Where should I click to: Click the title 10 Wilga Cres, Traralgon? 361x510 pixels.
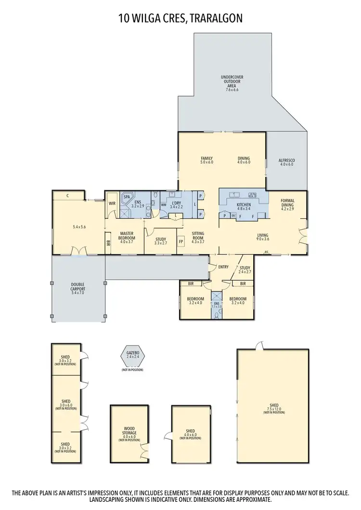tap(180, 19)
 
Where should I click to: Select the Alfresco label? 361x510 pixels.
tap(286, 162)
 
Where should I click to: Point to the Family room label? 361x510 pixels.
tap(207, 161)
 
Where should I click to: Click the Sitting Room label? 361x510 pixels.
tap(198, 236)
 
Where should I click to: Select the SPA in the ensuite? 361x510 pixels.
tap(128, 197)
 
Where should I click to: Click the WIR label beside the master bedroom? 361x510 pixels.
tap(112, 203)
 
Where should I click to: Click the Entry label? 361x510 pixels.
tap(223, 267)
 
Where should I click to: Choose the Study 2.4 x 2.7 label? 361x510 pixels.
tap(245, 270)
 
